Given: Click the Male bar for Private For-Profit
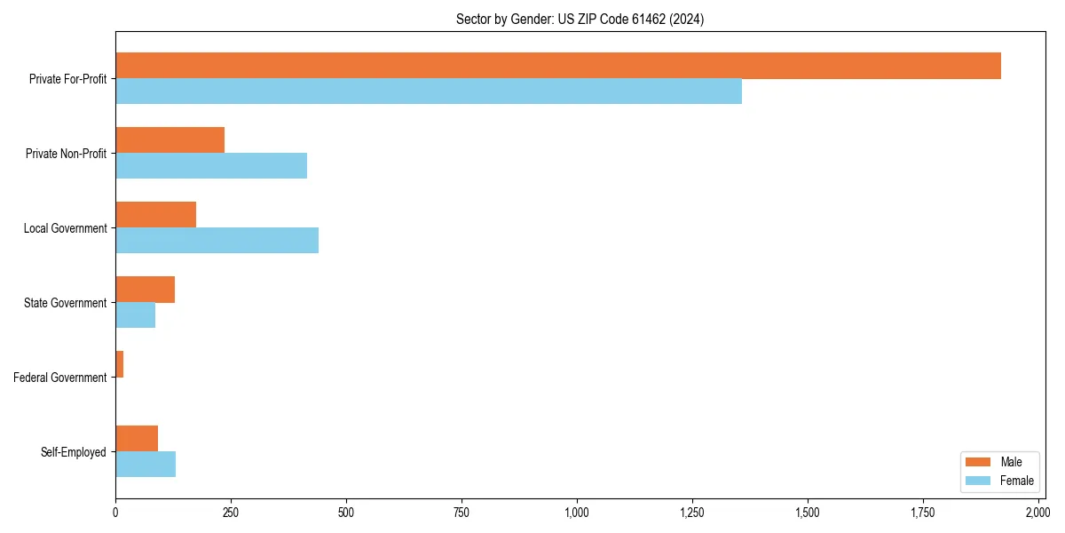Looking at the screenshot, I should click(x=557, y=66).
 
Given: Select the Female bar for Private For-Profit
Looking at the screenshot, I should click(x=428, y=91).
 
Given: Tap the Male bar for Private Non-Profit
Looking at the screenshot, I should click(x=170, y=140).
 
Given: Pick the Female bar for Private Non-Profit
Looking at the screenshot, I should click(x=210, y=166).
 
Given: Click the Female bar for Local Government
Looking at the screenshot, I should click(x=217, y=241).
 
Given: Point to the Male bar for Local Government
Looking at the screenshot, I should click(x=155, y=215).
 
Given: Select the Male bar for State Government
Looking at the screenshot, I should click(x=145, y=290).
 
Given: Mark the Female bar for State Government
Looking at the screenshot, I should click(x=135, y=315).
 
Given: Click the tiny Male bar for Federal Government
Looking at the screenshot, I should click(x=119, y=364).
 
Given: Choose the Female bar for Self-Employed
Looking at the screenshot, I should click(x=146, y=465).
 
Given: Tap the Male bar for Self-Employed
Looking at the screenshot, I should click(x=137, y=439).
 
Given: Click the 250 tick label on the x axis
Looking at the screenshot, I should click(x=231, y=513).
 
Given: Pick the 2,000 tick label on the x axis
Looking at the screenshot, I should click(x=1037, y=513).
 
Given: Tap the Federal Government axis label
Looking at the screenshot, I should click(x=60, y=378).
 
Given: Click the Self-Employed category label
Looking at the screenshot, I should click(x=74, y=452).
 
